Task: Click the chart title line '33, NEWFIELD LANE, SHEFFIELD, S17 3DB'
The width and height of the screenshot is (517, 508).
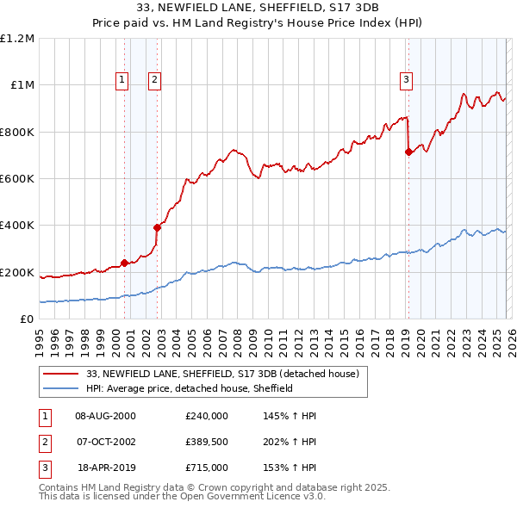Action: coord(258,9)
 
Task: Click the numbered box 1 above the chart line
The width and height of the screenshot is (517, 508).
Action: coord(123,80)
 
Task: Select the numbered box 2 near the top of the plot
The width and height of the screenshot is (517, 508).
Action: coord(154,80)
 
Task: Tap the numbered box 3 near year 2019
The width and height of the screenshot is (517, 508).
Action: coord(405,80)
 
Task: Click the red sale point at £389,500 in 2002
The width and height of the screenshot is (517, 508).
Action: coord(157,228)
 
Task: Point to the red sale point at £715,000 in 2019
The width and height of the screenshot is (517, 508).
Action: coord(408,152)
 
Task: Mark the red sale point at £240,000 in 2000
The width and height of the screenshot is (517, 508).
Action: coord(124,263)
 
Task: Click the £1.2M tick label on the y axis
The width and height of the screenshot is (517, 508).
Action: coord(17,39)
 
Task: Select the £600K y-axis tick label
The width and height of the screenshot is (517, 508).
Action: coord(17,179)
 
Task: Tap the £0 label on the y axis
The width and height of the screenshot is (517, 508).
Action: coord(26,319)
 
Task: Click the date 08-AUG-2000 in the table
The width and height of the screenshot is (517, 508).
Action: coord(105,416)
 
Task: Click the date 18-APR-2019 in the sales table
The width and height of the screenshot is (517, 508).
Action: coord(106,468)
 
